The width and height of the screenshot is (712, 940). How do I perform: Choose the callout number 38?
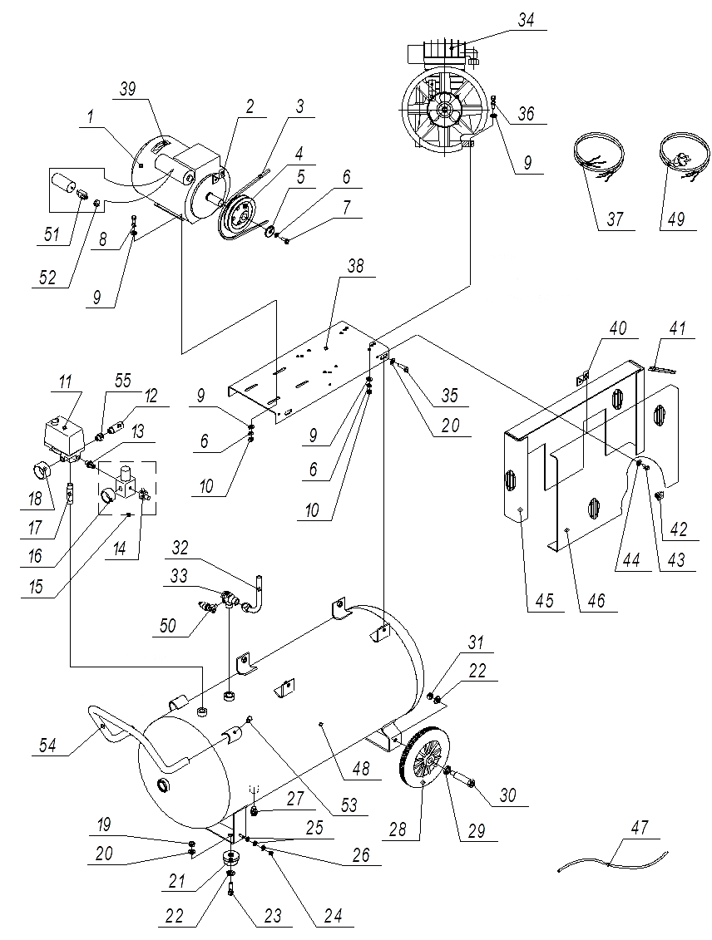357,266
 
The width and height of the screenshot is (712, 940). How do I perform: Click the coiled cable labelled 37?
596,157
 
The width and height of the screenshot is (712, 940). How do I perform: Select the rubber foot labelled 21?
227,859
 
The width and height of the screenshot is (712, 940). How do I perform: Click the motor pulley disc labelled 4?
237,211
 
